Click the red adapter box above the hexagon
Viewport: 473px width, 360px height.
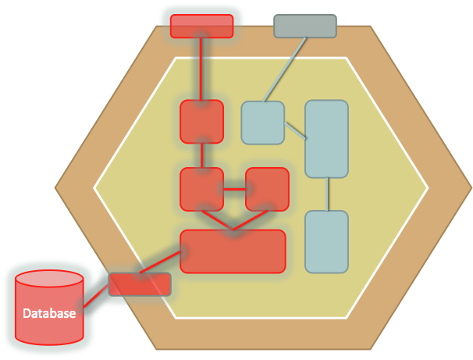pyautogui.click(x=201, y=26)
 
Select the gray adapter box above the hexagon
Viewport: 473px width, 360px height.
pyautogui.click(x=305, y=26)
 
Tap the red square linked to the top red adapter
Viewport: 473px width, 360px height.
pyautogui.click(x=202, y=121)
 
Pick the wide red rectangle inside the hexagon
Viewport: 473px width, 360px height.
pyautogui.click(x=233, y=251)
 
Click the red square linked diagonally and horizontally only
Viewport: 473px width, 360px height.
pyautogui.click(x=267, y=189)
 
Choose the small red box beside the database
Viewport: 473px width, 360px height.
pyautogui.click(x=139, y=283)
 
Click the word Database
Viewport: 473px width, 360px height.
pyautogui.click(x=49, y=314)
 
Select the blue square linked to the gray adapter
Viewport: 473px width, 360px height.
pyautogui.click(x=262, y=123)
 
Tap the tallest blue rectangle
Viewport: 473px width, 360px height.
pyautogui.click(x=326, y=138)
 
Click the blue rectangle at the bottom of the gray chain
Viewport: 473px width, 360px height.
pyautogui.click(x=326, y=241)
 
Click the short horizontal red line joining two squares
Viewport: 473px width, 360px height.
pyautogui.click(x=234, y=188)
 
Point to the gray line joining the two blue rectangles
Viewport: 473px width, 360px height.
pyautogui.click(x=326, y=194)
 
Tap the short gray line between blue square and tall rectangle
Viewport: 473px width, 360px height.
pyautogui.click(x=294, y=130)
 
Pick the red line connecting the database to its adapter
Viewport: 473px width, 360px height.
pyautogui.click(x=95, y=296)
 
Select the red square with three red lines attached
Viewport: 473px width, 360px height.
pyautogui.click(x=202, y=189)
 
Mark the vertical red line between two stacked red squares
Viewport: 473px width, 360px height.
pyautogui.click(x=202, y=155)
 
